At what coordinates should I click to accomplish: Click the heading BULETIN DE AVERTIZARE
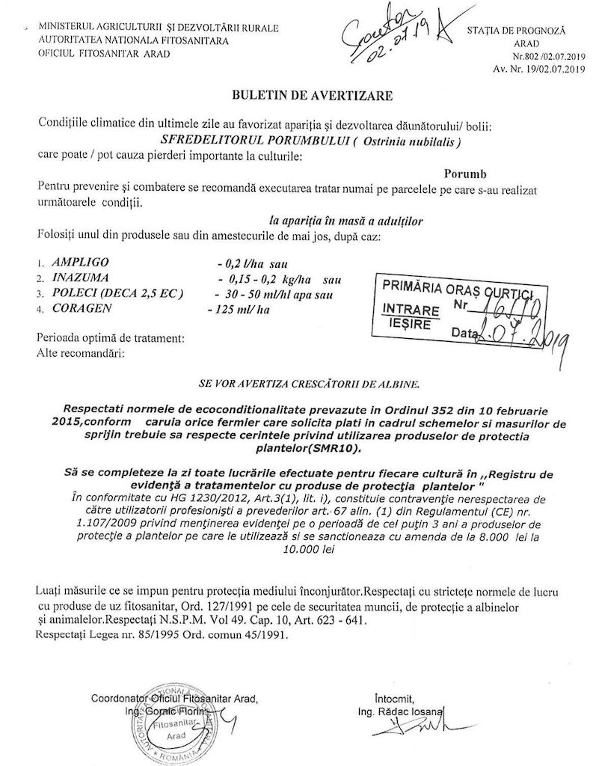click(299, 96)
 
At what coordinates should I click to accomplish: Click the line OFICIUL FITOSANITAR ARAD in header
click(108, 53)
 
